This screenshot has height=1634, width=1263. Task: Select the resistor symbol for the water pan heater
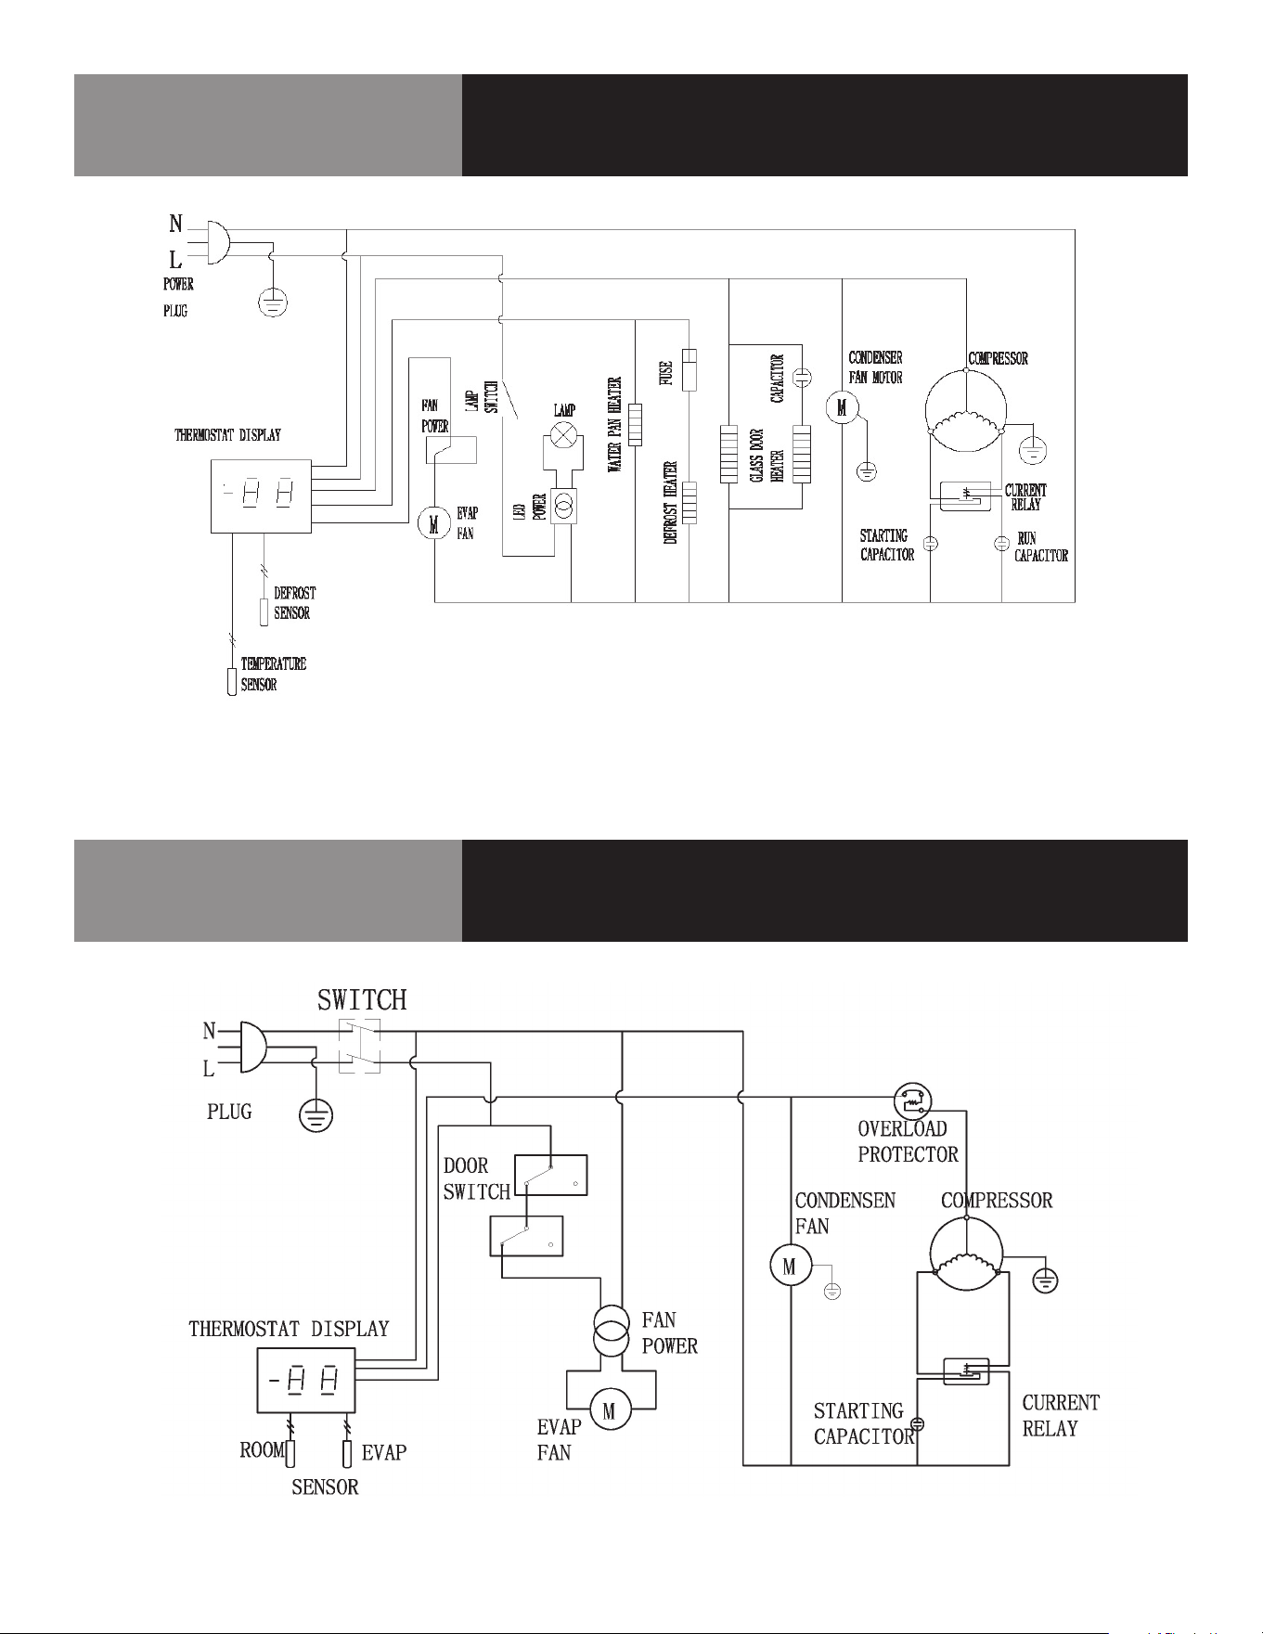coord(635,424)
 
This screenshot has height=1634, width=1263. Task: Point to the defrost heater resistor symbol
coord(689,503)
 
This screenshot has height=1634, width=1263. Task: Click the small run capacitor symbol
coord(1001,544)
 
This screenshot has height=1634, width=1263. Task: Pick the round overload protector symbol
coord(911,1100)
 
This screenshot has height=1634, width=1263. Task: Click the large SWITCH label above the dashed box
coord(362,1000)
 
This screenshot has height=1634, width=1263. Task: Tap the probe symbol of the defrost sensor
coord(264,612)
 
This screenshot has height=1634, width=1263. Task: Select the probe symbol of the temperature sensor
coord(232,681)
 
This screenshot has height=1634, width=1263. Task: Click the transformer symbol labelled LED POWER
coord(563,506)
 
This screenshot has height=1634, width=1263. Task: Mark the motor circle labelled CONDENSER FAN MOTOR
coord(842,407)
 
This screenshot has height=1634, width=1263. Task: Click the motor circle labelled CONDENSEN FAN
coord(791,1267)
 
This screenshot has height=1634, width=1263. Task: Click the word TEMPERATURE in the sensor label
coord(274,664)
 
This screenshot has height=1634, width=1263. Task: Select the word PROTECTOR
coord(908,1155)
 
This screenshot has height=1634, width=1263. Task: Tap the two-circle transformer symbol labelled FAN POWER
coord(612,1332)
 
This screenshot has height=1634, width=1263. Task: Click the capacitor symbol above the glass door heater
coord(804,377)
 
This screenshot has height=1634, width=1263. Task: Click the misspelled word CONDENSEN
coord(845,1201)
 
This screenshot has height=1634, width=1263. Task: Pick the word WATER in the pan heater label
coord(615,457)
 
